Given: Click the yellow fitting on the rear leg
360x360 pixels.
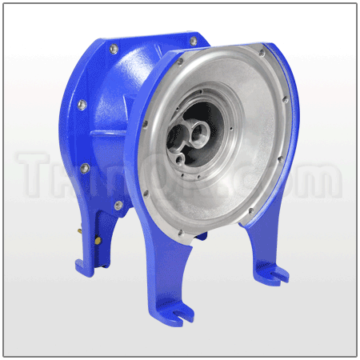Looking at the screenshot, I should pyautogui.click(x=98, y=238).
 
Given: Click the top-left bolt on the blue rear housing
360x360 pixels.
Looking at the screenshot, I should pyautogui.click(x=114, y=50).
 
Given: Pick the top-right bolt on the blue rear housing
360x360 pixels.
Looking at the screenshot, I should pyautogui.click(x=193, y=41).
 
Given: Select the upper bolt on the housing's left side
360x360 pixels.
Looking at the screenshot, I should pyautogui.click(x=82, y=105).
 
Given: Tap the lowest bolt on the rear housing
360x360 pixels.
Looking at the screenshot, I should pyautogui.click(x=118, y=206).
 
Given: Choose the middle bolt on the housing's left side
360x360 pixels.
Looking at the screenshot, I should pyautogui.click(x=84, y=168).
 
